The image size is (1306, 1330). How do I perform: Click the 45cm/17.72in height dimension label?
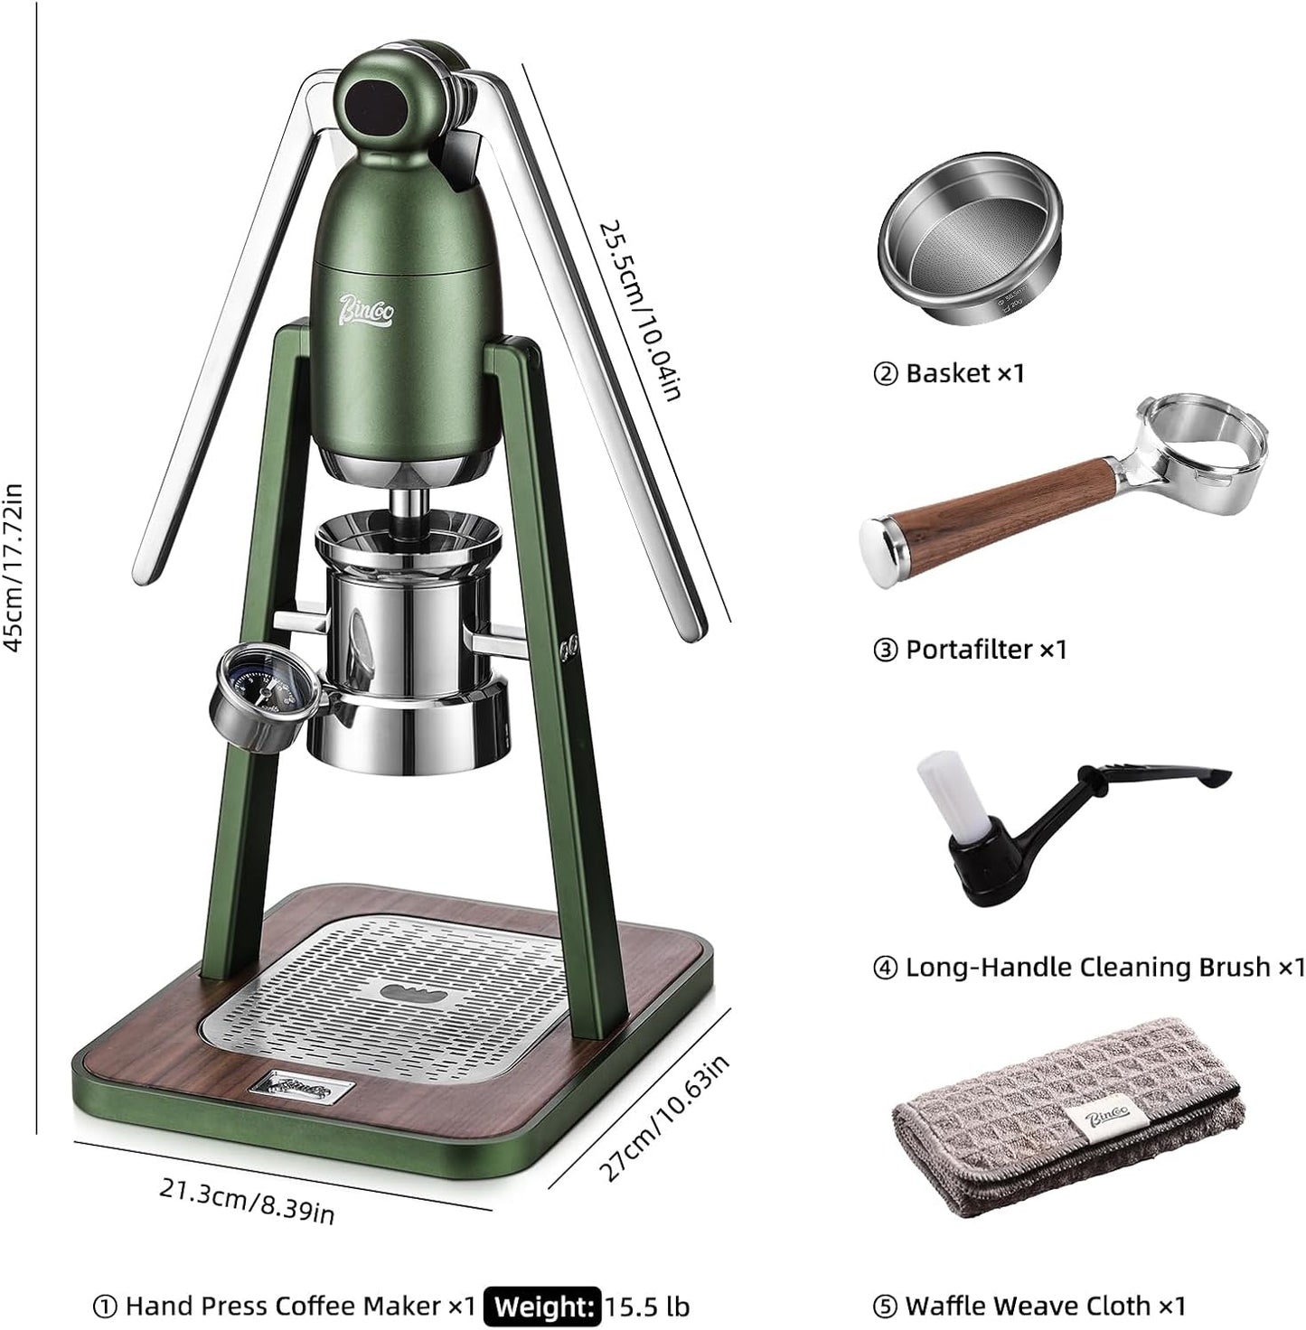[x=14, y=567]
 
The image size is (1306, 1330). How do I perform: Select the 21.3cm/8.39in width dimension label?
[x=247, y=1202]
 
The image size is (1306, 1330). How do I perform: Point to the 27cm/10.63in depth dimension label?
[x=665, y=1118]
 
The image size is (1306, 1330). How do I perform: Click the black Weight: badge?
[x=542, y=1307]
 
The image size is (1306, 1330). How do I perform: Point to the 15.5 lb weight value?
[x=647, y=1307]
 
